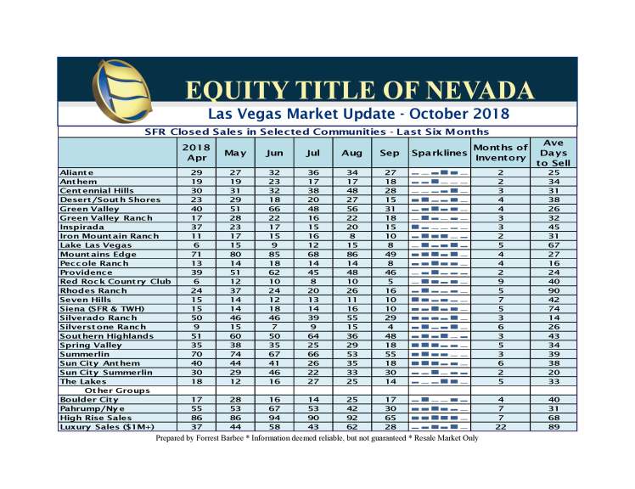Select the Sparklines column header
pyautogui.click(x=439, y=153)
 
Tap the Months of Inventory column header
pyautogui.click(x=501, y=153)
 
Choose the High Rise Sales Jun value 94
pyautogui.click(x=273, y=417)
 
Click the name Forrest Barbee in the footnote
pyautogui.click(x=234, y=438)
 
